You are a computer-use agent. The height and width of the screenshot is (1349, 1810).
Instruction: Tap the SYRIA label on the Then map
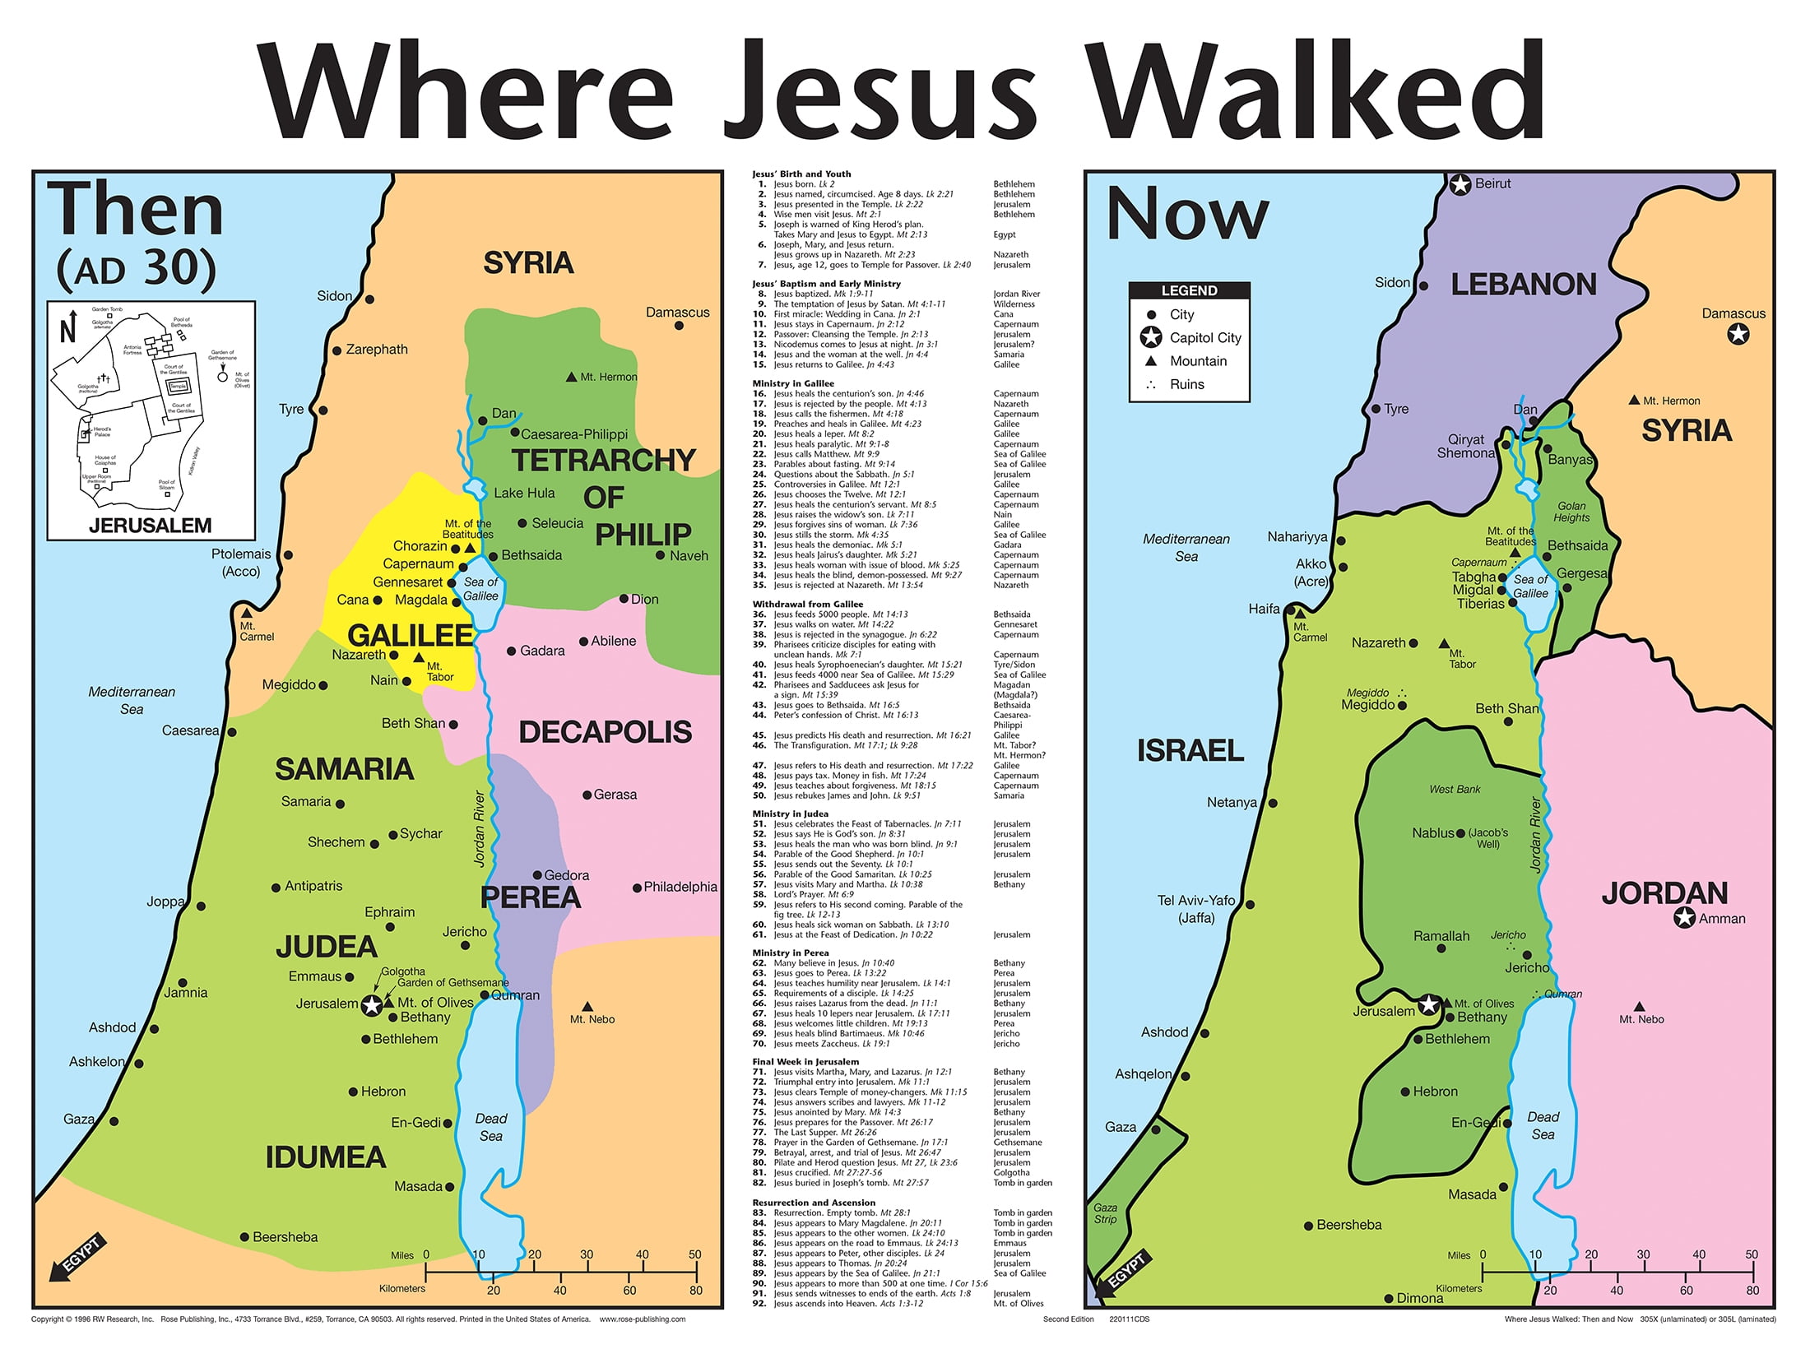528,263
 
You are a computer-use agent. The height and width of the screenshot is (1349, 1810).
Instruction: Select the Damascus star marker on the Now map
1738,335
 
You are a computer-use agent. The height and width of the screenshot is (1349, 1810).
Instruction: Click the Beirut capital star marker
1460,185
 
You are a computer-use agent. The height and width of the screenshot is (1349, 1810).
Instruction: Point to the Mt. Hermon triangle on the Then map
571,378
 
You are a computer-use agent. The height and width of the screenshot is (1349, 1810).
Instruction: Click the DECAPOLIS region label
605,732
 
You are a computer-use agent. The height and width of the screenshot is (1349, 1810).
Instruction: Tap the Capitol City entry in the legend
1204,338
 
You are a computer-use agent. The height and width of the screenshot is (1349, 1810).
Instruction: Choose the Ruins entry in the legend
1186,385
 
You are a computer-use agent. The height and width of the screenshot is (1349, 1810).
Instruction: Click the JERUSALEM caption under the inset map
150,526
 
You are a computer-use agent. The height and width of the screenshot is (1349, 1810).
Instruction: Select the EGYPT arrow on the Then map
74,1259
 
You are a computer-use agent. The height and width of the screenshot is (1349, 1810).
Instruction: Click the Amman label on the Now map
1721,919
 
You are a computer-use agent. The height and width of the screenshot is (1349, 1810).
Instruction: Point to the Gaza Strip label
1105,1213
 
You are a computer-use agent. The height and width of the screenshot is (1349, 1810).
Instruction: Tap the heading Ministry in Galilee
792,383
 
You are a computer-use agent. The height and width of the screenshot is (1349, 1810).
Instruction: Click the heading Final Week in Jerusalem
805,1062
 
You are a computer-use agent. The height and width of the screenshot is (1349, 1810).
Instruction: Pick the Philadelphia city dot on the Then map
637,888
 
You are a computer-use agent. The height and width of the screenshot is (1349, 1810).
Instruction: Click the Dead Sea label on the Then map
490,1127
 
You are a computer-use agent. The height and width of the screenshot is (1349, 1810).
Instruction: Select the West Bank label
1454,790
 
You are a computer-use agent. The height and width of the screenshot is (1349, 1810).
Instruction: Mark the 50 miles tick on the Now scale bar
1751,1271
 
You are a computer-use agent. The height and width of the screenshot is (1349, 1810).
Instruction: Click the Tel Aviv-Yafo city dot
1250,905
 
